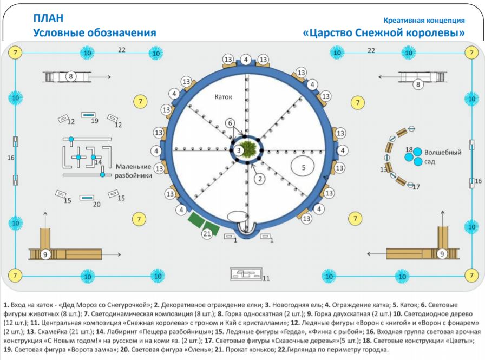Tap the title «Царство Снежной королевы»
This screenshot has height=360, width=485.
pos(384,33)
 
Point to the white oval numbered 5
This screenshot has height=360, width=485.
pos(303,167)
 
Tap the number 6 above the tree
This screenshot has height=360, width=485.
pos(230,123)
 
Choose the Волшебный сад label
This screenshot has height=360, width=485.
pos(443,157)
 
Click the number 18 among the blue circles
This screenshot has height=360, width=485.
pos(409,150)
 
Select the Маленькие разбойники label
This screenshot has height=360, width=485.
pos(133,171)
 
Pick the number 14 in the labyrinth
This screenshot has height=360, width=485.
pos(99,162)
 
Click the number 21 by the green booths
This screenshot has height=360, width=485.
pos(206,234)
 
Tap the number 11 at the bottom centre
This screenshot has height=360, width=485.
pos(266,278)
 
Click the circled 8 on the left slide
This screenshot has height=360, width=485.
pos(71,77)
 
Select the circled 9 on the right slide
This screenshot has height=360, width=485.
pos(442,253)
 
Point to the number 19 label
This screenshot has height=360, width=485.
pos(95,121)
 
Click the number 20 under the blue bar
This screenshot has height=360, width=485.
pos(96,204)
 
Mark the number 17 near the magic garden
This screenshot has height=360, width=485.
pos(416,187)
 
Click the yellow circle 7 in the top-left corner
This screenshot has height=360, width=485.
pos(15,53)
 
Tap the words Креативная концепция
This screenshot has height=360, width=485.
pos(424,21)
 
